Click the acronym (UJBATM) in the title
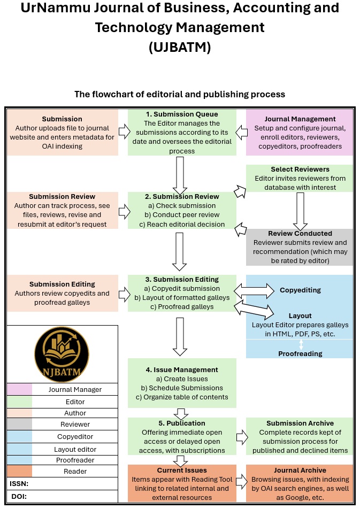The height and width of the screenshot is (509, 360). point(180,47)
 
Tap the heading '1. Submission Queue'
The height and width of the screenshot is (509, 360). point(182,114)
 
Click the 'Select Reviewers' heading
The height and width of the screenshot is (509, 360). point(300,169)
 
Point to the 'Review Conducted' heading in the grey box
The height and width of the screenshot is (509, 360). point(300,234)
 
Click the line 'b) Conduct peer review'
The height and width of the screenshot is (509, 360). point(182,215)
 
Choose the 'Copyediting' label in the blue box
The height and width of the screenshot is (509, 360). point(300,290)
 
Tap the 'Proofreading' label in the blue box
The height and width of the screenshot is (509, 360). point(300,353)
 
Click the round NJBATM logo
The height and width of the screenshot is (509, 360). point(62,353)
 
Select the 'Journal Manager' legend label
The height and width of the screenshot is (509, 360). point(75,390)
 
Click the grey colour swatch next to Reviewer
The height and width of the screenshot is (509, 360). point(19,425)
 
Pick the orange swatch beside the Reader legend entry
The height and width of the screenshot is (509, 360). point(19,472)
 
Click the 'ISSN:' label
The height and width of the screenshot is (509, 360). point(19,483)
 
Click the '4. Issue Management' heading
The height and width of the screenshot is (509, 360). point(182,369)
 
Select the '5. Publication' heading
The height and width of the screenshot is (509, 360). point(182,423)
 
